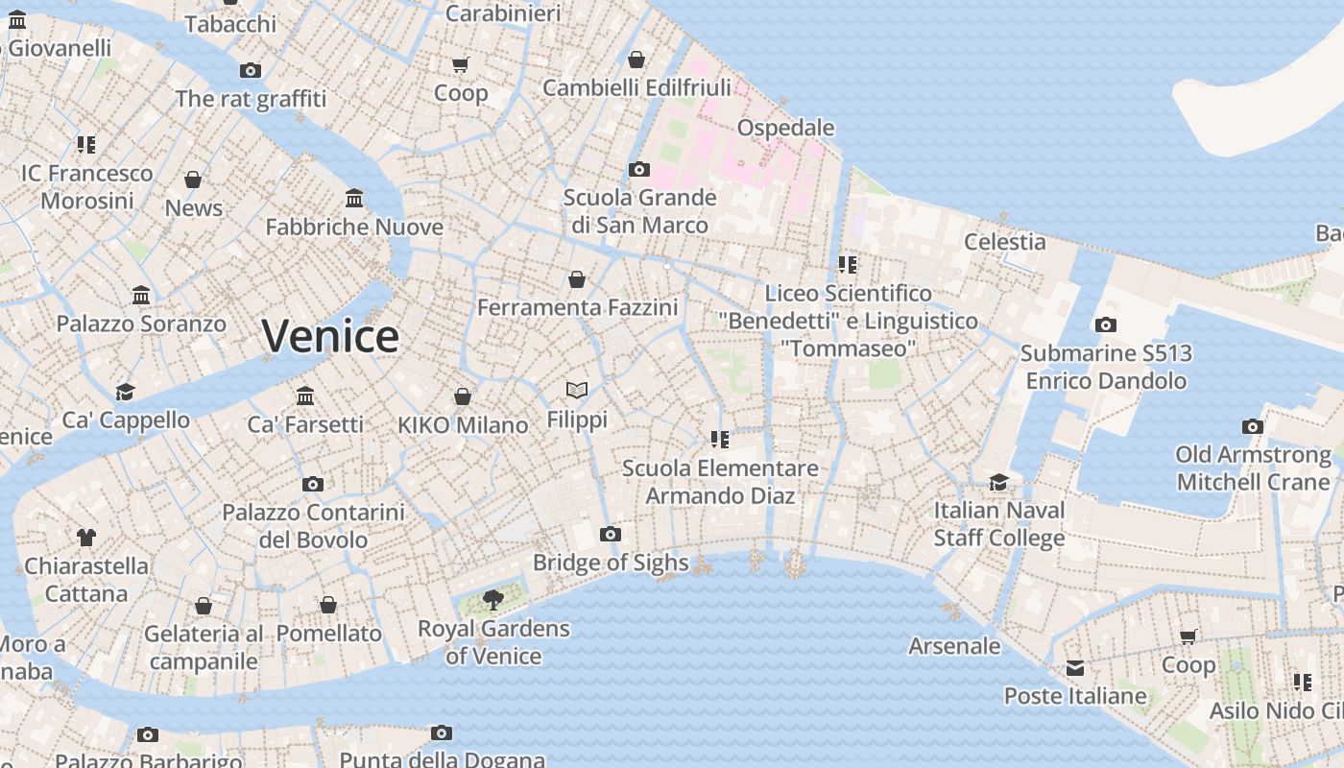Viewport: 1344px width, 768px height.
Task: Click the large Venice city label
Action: coord(330,336)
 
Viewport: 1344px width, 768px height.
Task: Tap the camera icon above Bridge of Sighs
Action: coord(610,535)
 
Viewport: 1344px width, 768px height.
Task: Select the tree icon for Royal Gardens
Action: coord(493,601)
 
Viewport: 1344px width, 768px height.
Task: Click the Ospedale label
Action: coord(785,128)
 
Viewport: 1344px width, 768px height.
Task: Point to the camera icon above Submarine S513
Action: coord(1105,325)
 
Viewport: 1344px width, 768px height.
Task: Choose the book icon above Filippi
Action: coord(577,390)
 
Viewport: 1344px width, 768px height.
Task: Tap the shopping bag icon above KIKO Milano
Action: coord(462,396)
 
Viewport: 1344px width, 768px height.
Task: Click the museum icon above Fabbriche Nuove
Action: coord(354,199)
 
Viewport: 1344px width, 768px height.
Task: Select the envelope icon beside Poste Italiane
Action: coord(1074,668)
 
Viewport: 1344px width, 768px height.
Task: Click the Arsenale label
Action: coord(954,646)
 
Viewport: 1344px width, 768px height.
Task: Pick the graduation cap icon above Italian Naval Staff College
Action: coord(998,482)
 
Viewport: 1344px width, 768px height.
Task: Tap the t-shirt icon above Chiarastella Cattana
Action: coord(86,538)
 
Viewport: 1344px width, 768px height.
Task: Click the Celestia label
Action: coord(1004,242)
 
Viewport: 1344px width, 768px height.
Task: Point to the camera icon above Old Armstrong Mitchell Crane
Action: coord(1252,426)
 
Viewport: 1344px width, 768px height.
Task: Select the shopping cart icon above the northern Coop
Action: coord(461,65)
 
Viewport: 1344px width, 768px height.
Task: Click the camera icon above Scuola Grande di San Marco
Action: coord(638,170)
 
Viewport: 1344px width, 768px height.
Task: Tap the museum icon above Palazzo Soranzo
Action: coord(141,295)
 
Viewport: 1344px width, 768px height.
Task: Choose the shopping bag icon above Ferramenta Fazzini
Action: coord(577,279)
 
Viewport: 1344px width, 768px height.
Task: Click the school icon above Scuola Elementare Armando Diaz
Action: coord(719,440)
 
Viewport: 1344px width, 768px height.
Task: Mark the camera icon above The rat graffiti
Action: coord(251,71)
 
